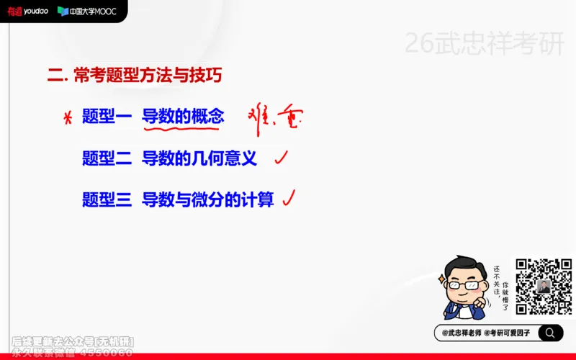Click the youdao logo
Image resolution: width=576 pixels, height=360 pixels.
(x=27, y=11)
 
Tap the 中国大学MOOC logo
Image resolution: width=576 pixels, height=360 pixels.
(x=87, y=11)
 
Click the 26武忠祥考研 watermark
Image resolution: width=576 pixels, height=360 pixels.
(x=484, y=44)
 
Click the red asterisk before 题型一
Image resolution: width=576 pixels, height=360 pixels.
(x=68, y=118)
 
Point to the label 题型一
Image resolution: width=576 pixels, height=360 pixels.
(x=107, y=117)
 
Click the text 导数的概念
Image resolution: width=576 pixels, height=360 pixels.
(x=183, y=117)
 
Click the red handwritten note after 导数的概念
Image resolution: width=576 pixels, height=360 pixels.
(x=273, y=117)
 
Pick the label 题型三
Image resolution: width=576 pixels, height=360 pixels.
(x=107, y=199)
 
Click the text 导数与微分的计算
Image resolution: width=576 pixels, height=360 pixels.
(x=208, y=199)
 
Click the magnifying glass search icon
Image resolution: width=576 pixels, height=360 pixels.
(x=550, y=333)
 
